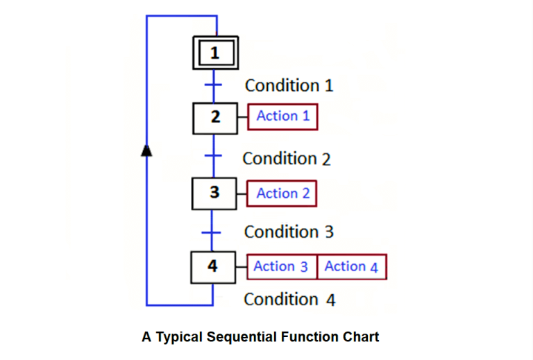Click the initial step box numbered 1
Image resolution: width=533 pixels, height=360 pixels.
click(215, 53)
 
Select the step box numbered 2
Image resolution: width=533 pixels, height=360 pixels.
click(215, 117)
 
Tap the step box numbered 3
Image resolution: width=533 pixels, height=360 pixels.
click(214, 193)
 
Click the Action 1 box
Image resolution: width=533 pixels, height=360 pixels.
click(283, 117)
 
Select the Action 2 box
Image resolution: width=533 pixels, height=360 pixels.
click(282, 194)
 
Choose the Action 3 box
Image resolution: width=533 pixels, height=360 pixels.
click(281, 266)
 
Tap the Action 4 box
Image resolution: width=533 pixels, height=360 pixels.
click(351, 266)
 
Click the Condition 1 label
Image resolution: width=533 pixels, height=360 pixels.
click(289, 86)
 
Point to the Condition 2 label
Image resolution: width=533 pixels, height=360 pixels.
click(287, 159)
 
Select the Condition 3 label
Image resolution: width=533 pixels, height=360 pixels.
click(289, 232)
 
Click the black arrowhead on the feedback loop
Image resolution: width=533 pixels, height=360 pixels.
click(146, 151)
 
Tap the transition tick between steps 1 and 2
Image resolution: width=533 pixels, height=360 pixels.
click(213, 85)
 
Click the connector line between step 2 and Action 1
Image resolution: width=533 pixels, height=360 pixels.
click(243, 117)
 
